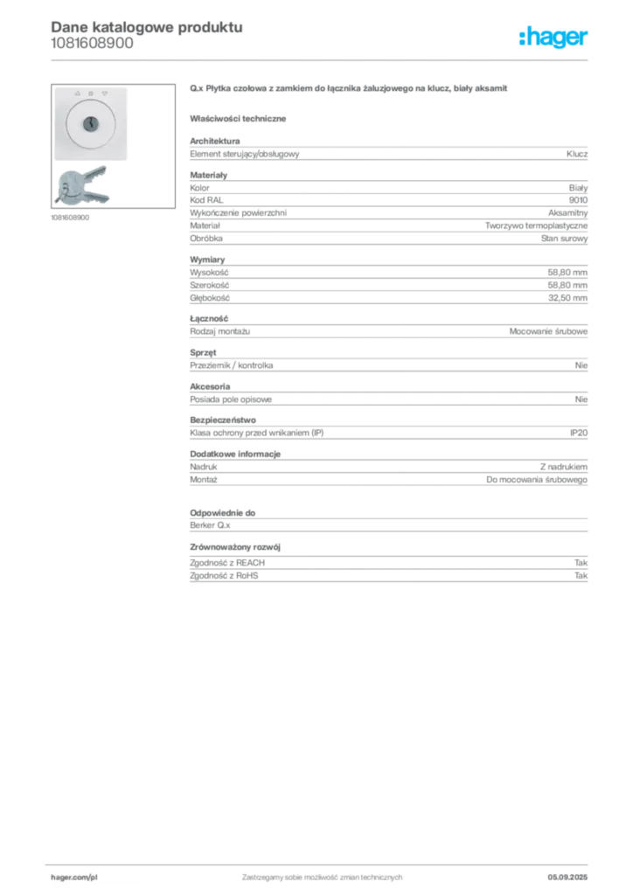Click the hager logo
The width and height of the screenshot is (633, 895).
pyautogui.click(x=553, y=37)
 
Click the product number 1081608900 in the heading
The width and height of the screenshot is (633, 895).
pyautogui.click(x=92, y=44)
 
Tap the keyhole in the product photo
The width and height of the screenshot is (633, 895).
pyautogui.click(x=91, y=123)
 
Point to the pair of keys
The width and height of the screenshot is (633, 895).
pyautogui.click(x=81, y=185)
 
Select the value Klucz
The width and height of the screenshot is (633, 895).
pyautogui.click(x=577, y=154)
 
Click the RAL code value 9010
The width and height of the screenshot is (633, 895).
pyautogui.click(x=578, y=200)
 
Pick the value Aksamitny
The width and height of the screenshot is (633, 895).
pyautogui.click(x=568, y=213)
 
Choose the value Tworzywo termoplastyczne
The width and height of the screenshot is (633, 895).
pyautogui.click(x=537, y=226)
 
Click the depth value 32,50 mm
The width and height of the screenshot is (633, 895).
pyautogui.click(x=567, y=298)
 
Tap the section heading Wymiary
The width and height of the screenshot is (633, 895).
pyautogui.click(x=207, y=260)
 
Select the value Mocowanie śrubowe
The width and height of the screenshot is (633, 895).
pyautogui.click(x=548, y=331)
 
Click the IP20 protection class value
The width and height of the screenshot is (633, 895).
pyautogui.click(x=579, y=434)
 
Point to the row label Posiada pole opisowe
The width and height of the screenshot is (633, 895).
pyautogui.click(x=231, y=399)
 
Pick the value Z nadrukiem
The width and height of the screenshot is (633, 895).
pyautogui.click(x=564, y=467)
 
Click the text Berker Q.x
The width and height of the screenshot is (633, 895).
pyautogui.click(x=210, y=525)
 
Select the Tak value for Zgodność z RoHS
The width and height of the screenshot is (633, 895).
pyautogui.click(x=581, y=576)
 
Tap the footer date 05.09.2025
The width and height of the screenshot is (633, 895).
pyautogui.click(x=567, y=878)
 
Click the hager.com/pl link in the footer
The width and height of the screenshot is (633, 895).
pyautogui.click(x=74, y=878)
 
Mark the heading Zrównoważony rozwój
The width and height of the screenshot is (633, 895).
pyautogui.click(x=235, y=547)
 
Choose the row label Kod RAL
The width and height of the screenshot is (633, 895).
pyautogui.click(x=206, y=200)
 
